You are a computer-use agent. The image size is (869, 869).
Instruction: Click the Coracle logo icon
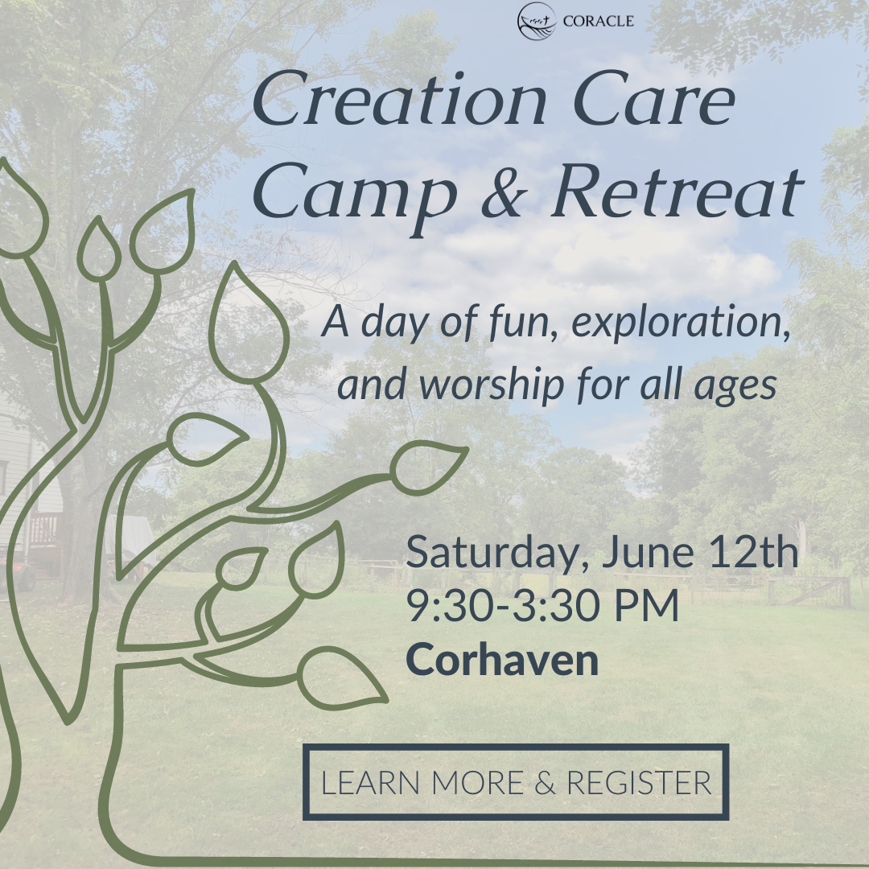click(x=537, y=21)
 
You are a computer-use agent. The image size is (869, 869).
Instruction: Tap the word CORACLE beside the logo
click(x=598, y=22)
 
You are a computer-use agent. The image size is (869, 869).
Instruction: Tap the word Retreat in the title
click(x=676, y=196)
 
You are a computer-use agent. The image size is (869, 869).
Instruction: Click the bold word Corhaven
click(x=502, y=660)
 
